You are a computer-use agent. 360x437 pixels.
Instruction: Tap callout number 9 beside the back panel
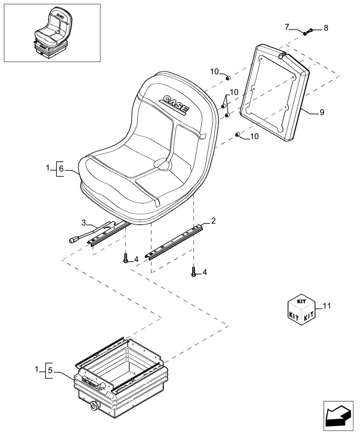click(x=322, y=112)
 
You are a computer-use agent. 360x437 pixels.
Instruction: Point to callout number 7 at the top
click(x=287, y=27)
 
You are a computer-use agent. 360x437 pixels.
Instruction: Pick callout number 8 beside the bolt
click(x=325, y=28)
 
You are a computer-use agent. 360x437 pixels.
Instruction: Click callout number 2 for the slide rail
click(x=213, y=221)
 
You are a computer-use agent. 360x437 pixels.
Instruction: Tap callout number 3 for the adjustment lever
click(x=84, y=223)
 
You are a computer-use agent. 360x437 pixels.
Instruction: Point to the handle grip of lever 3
click(x=72, y=239)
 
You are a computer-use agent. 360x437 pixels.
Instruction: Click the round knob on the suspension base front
click(x=95, y=407)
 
